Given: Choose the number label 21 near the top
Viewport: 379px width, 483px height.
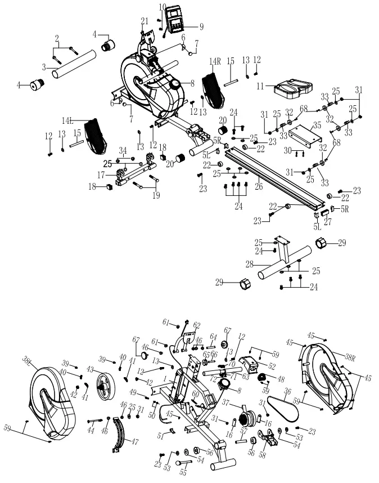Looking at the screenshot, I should tap(144, 21).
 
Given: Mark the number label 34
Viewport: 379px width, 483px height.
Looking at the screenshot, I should tap(123, 150).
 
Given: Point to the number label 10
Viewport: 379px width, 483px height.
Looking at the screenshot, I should tap(162, 7).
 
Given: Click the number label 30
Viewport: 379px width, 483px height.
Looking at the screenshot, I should tap(288, 150).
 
